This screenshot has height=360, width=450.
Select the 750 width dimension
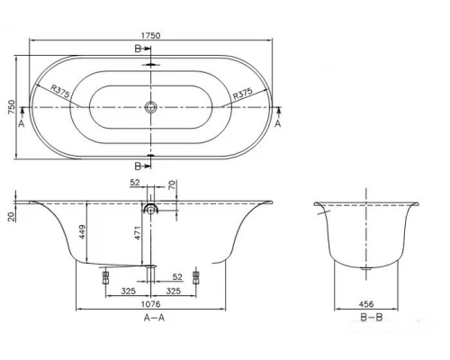[12, 109]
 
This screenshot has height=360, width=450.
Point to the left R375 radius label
[60, 91]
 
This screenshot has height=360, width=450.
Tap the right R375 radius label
[242, 94]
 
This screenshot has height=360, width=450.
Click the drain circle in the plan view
[150, 108]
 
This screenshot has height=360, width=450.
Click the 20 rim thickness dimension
[11, 215]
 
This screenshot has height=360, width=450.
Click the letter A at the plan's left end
[21, 125]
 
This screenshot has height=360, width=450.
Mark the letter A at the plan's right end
[277, 125]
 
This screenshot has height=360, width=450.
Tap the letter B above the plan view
[137, 49]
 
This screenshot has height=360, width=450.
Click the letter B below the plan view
[137, 166]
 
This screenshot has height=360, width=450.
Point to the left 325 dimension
[129, 292]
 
